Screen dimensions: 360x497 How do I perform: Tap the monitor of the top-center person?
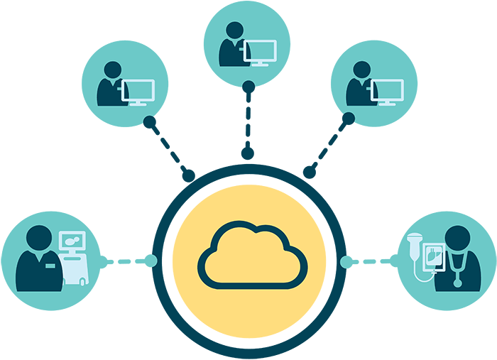click(x=260, y=51)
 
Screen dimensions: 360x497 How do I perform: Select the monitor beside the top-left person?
click(x=138, y=90)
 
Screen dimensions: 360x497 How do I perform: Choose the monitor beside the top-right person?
click(x=387, y=90)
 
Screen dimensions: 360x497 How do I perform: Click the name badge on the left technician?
click(x=50, y=266)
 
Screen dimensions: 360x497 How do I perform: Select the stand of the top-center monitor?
click(x=260, y=63)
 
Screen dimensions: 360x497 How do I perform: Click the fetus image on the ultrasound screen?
click(x=72, y=242)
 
